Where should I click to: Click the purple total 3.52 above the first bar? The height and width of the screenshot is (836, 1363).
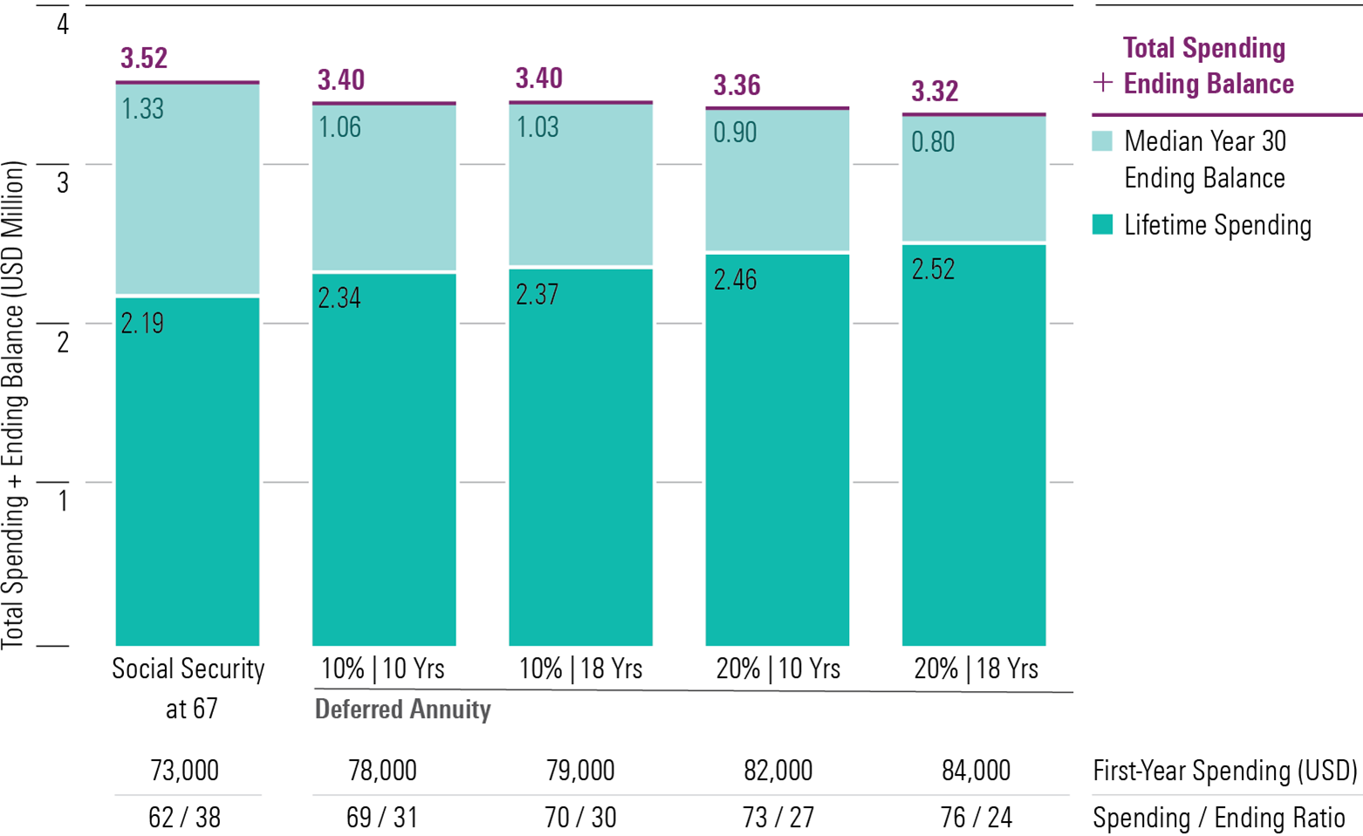click(144, 58)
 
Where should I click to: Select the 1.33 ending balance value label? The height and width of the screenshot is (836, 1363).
click(142, 109)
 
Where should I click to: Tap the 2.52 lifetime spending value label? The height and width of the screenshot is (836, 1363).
click(933, 270)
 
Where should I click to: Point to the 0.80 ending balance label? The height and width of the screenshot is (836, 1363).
click(933, 142)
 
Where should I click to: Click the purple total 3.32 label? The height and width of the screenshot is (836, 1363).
click(935, 92)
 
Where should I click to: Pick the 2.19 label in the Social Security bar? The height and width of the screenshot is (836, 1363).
click(142, 324)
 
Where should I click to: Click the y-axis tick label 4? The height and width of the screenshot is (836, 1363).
click(62, 24)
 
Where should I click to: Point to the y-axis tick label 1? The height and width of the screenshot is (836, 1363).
click(62, 500)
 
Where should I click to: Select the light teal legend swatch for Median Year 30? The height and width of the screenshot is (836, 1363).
click(1102, 141)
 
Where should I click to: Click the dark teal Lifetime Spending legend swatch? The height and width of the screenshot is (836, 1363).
click(1102, 225)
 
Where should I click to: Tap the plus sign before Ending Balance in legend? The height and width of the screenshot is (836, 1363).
click(1103, 84)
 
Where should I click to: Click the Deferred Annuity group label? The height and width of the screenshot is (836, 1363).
click(402, 709)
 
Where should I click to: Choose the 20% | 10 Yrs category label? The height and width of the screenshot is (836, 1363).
click(777, 669)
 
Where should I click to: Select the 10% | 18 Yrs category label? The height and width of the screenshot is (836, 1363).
click(580, 669)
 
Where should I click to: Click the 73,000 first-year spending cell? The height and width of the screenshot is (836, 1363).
click(184, 771)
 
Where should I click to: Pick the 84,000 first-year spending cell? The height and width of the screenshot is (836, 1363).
click(976, 771)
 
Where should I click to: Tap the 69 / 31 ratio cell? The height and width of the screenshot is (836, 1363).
click(382, 818)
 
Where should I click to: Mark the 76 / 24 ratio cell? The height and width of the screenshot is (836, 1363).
click(976, 818)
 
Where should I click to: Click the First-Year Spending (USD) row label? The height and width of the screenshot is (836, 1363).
click(1224, 771)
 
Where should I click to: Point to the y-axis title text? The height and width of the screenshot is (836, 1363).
click(13, 406)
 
